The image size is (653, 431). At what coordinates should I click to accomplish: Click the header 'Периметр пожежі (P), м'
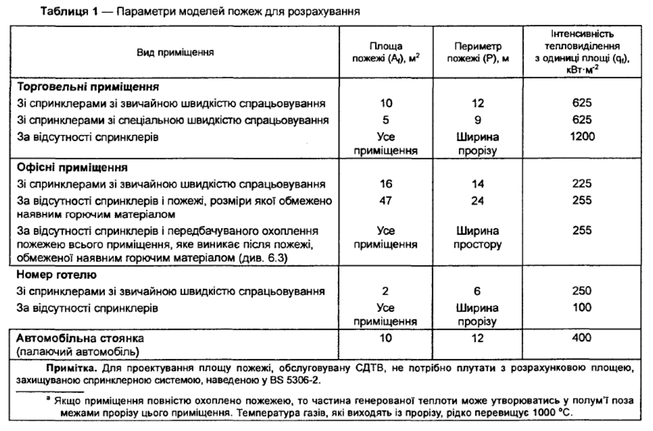click(475, 53)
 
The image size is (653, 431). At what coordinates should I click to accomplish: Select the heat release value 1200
click(582, 137)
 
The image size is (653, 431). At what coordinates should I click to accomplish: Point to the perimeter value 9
click(475, 119)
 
